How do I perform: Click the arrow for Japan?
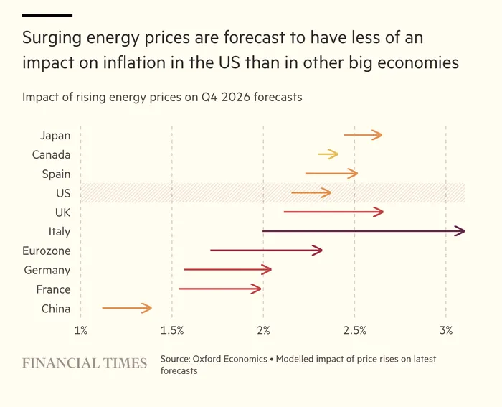363,135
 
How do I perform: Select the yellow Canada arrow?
328,154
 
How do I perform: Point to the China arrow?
127,309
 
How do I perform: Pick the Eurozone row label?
47,251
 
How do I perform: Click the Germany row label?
47,271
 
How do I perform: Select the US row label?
63,193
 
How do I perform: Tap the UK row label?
62,212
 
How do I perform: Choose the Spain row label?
56,174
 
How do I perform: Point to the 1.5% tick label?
172,330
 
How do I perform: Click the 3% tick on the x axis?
446,330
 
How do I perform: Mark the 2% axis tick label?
264,330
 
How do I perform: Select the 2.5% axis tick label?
355,330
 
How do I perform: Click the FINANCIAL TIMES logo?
85,363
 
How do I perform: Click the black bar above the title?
47,15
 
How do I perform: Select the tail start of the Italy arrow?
264,231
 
